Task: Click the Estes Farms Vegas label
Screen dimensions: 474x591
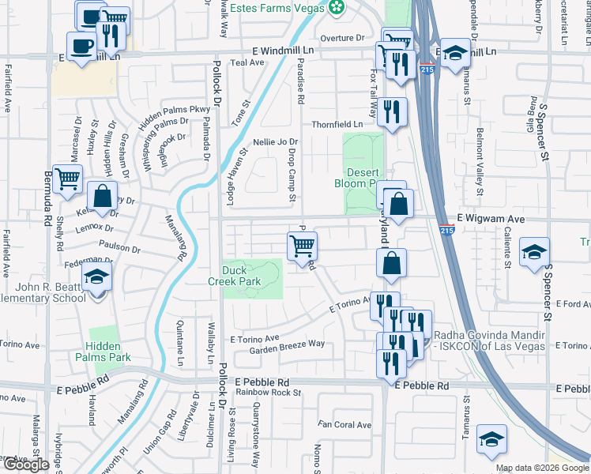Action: [x=281, y=8]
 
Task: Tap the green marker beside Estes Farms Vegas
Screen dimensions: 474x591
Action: [x=338, y=8]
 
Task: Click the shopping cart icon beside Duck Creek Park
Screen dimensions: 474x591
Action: [x=303, y=246]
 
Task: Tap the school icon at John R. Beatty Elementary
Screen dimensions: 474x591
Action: [x=97, y=278]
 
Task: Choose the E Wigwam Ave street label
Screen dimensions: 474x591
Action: [x=491, y=216]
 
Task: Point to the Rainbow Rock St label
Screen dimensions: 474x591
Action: [x=263, y=392]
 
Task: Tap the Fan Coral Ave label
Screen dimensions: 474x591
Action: [x=344, y=425]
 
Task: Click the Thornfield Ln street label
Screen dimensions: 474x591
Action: [x=337, y=124]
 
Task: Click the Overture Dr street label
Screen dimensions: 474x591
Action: [x=342, y=37]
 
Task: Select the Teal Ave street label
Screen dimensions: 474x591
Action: [x=246, y=62]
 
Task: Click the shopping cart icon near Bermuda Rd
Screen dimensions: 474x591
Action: [x=68, y=179]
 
